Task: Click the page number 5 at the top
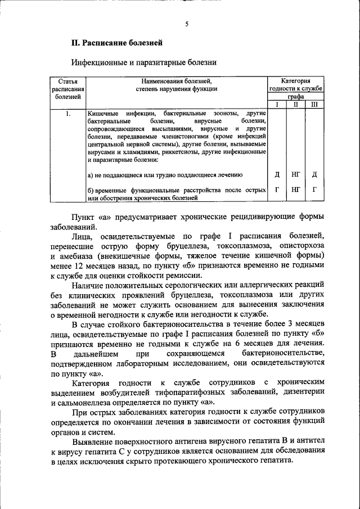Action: pyautogui.click(x=186, y=24)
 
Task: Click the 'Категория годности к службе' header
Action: pyautogui.click(x=296, y=84)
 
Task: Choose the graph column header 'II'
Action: pyautogui.click(x=296, y=104)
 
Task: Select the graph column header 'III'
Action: pyautogui.click(x=314, y=104)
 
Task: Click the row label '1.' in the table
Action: pyautogui.click(x=67, y=114)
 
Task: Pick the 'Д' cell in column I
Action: pyautogui.click(x=277, y=174)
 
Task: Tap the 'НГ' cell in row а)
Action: pyautogui.click(x=296, y=174)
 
